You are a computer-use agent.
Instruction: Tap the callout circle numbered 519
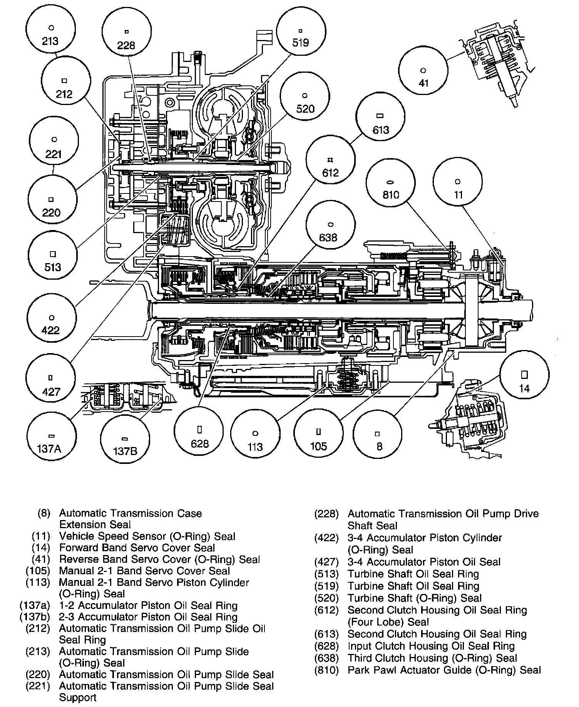pyautogui.click(x=301, y=35)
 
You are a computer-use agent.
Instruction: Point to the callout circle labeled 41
pyautogui.click(x=423, y=76)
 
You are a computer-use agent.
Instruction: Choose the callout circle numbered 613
pyautogui.click(x=380, y=123)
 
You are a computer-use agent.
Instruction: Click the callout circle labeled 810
pyautogui.click(x=391, y=188)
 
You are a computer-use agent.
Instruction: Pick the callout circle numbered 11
pyautogui.click(x=458, y=188)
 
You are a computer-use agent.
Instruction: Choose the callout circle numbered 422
pyautogui.click(x=52, y=323)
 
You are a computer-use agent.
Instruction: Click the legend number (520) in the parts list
pyautogui.click(x=326, y=598)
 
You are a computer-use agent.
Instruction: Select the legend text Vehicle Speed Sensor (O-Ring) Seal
pyautogui.click(x=147, y=536)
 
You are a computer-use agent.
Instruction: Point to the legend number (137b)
pyautogui.click(x=35, y=617)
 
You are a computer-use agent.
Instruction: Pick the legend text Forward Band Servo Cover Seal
pyautogui.click(x=137, y=548)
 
